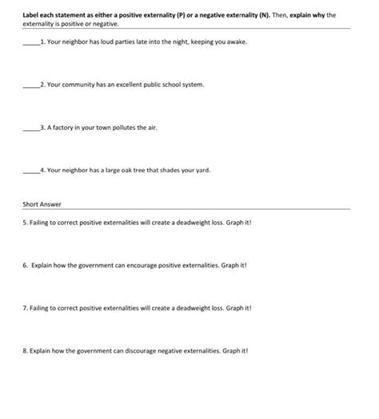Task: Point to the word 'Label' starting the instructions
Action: [30, 14]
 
